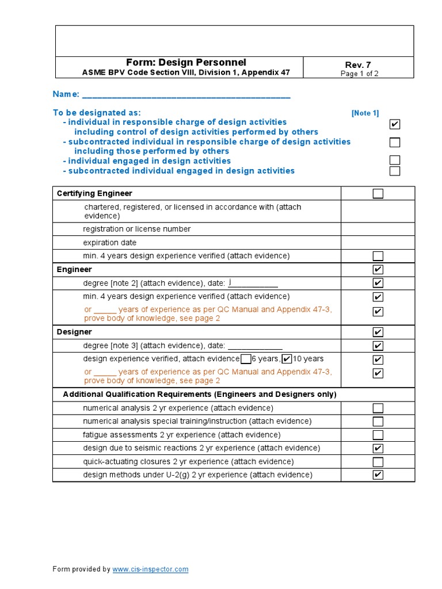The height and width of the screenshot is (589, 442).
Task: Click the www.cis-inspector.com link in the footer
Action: [150, 569]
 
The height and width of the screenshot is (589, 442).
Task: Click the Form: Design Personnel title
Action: [186, 62]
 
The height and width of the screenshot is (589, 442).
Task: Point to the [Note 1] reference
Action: [365, 113]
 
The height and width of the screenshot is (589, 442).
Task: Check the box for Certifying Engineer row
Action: [378, 194]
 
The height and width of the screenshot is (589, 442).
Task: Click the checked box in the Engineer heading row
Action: [378, 270]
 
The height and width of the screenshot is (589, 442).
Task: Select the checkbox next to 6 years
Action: [246, 359]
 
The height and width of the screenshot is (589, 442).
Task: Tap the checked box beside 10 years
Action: [287, 359]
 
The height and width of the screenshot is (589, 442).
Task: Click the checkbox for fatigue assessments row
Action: [378, 435]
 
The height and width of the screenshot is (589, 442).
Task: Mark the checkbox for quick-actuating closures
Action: [378, 462]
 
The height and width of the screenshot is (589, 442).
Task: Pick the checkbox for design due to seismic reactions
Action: [378, 449]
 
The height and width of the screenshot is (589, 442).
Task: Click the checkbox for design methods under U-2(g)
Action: [378, 475]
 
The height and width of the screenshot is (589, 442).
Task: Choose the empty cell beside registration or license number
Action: [378, 229]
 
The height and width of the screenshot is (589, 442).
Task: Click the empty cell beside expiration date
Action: [378, 243]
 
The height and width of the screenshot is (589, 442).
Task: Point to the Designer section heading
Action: [74, 332]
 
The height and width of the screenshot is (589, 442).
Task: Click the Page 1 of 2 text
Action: [359, 74]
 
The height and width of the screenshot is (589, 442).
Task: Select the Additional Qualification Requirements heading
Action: [199, 394]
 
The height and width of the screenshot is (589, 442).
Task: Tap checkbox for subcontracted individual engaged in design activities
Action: [394, 171]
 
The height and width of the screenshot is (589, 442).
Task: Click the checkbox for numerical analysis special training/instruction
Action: [378, 422]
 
